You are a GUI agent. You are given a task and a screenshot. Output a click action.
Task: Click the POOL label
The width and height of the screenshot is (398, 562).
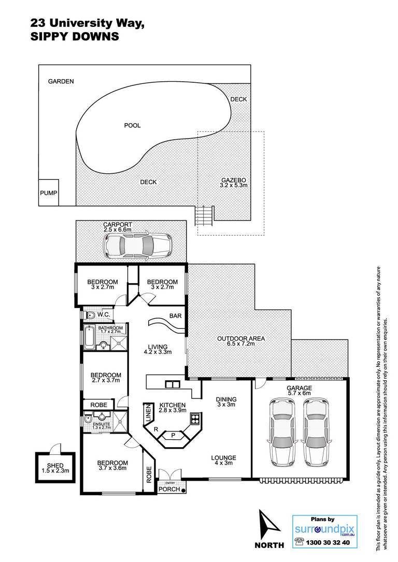[x=132, y=125]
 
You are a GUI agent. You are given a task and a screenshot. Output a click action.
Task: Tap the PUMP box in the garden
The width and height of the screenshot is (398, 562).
[x=48, y=193]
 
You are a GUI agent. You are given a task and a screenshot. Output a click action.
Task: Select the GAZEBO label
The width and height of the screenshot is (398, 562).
[x=234, y=180]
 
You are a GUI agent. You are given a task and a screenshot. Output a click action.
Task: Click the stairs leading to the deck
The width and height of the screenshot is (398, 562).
[x=205, y=215]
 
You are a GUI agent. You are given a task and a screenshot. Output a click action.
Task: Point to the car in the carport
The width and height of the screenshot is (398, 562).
[x=137, y=245]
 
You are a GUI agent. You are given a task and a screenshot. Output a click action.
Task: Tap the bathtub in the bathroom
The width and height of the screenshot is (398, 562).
[x=89, y=337]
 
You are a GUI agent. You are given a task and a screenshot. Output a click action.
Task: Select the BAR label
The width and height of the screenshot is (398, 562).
[x=176, y=316]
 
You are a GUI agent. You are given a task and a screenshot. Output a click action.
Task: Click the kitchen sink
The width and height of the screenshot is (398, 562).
[x=172, y=384]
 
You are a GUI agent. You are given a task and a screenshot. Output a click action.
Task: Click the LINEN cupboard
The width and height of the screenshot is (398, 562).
[x=148, y=413]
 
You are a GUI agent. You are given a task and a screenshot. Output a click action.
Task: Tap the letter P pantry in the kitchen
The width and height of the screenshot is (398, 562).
[x=173, y=436]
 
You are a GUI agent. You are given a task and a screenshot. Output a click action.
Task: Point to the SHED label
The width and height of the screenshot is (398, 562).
[x=55, y=466]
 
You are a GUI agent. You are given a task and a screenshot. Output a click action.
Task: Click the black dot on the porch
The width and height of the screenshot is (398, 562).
[x=183, y=491]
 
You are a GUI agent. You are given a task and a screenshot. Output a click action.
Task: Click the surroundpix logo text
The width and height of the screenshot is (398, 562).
[x=324, y=529]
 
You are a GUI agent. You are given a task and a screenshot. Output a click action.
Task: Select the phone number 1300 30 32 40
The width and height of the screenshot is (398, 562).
[x=328, y=543]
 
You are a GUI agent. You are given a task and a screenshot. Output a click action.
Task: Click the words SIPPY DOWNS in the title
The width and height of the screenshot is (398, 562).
[x=75, y=37]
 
